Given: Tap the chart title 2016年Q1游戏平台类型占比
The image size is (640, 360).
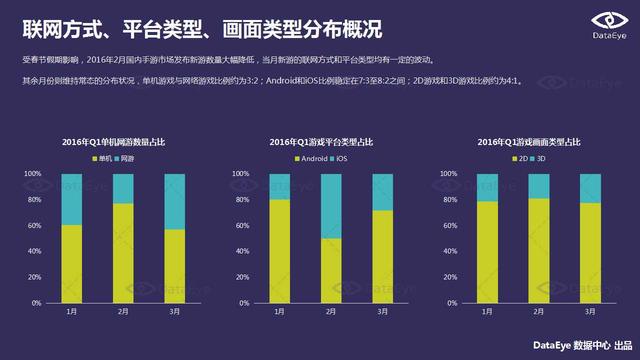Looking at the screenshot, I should point(320,142).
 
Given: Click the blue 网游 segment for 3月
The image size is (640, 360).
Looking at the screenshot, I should point(175,201).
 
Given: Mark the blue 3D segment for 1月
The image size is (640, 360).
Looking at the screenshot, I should point(487,187).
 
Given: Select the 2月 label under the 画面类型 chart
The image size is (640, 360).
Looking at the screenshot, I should point(538,312).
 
